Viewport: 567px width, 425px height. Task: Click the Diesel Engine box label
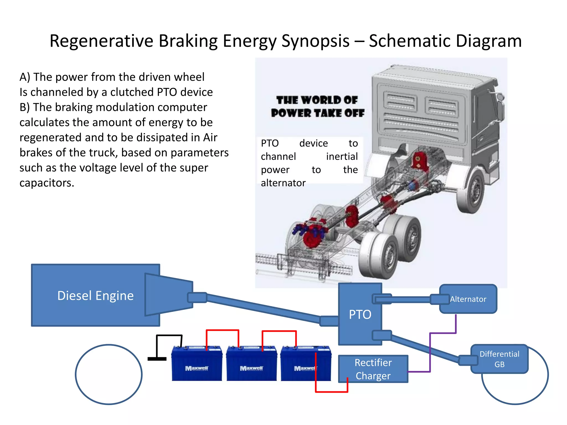tap(95, 296)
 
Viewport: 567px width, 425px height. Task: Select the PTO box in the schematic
tap(360, 314)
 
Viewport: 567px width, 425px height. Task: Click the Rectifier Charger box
tap(373, 369)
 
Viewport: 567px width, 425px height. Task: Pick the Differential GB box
tap(499, 359)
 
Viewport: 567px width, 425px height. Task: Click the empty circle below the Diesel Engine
tap(109, 374)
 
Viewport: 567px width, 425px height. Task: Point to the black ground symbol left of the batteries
tap(157, 359)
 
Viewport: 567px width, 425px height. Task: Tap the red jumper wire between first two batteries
tap(222, 330)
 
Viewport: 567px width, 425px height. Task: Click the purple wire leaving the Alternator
tap(455, 324)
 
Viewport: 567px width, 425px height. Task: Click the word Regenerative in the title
tap(101, 41)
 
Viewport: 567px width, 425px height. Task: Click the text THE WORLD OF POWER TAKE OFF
tap(317, 107)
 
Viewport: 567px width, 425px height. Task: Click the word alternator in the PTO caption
tap(283, 183)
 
